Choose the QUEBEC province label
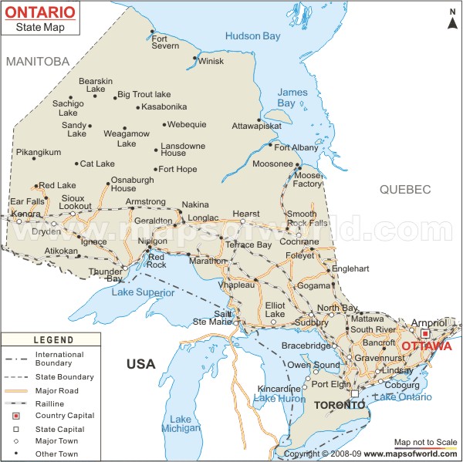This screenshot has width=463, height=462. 404,189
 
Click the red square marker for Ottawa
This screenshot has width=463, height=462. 424,333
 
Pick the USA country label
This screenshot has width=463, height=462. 141,363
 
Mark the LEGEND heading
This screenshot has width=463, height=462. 53,339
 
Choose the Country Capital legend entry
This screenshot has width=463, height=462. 64,414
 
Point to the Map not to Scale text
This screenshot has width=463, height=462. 426,442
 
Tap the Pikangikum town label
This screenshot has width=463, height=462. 38,152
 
